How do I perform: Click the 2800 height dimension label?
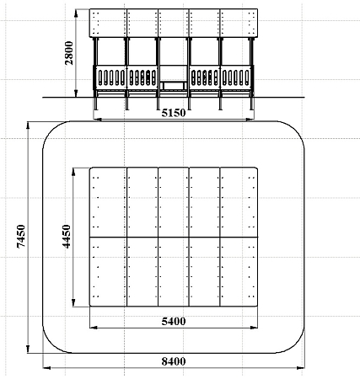[69, 53]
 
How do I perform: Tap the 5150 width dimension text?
[174, 113]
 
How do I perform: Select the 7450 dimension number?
[21, 236]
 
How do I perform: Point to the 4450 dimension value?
[67, 237]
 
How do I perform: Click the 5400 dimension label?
[174, 321]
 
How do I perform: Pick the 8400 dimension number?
[174, 361]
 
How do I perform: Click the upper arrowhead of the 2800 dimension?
[76, 13]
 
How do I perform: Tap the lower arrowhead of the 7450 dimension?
[28, 349]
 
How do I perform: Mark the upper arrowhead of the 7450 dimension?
[28, 125]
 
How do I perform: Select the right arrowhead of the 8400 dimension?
[301, 367]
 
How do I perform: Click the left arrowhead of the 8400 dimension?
[46, 367]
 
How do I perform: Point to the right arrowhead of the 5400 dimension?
[254, 328]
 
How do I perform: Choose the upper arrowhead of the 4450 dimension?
[73, 172]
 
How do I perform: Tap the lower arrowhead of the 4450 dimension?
[73, 302]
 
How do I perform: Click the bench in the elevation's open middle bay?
[174, 85]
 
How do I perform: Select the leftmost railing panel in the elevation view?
[110, 77]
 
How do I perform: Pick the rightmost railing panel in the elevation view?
[236, 77]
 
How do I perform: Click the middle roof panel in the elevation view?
[174, 23]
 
